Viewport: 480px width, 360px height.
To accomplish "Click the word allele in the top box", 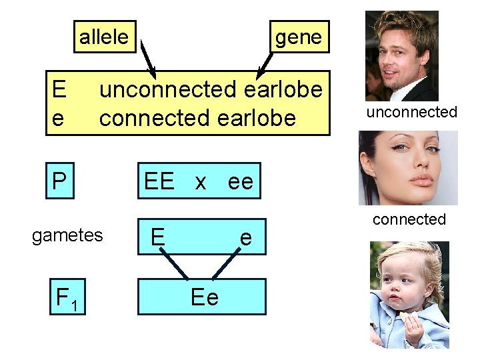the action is click(103, 37).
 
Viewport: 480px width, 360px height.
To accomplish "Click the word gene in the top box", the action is click(298, 37).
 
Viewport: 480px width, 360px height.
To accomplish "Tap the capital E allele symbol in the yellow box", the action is click(59, 89).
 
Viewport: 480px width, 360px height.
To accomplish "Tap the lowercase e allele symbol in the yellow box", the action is click(58, 118).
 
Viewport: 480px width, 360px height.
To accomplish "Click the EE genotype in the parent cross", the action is click(159, 181).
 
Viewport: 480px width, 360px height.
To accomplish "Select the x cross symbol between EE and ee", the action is click(200, 181).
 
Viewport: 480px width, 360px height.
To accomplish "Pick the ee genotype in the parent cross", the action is click(241, 181).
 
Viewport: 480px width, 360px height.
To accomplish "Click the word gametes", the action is click(67, 235).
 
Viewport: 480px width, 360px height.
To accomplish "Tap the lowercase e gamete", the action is click(246, 237).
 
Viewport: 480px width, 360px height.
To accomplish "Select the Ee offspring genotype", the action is click(204, 297).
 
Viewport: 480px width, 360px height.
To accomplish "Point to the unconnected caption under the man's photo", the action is click(411, 112).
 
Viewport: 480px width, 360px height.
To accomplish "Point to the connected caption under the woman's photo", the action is click(409, 219).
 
